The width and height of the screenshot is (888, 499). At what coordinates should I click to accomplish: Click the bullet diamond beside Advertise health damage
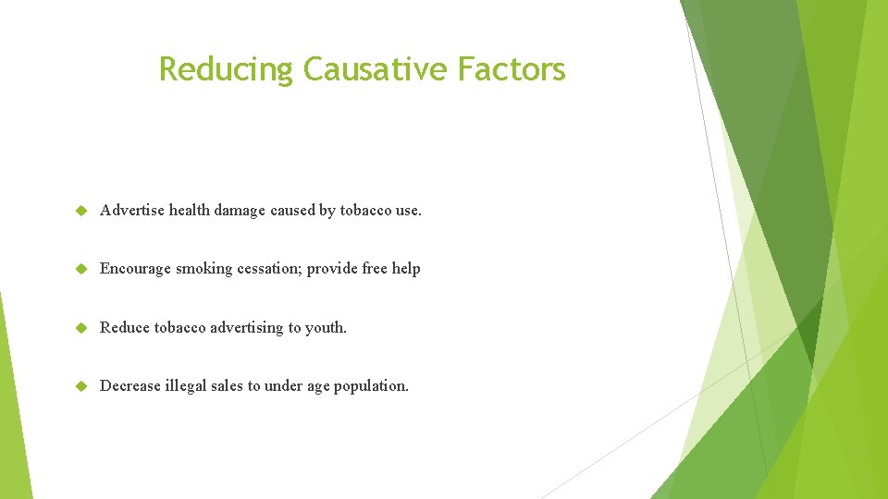pos(80,211)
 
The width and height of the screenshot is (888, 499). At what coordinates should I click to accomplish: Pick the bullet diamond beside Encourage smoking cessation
pos(80,269)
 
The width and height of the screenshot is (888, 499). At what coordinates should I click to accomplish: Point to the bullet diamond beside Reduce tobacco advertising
pos(80,327)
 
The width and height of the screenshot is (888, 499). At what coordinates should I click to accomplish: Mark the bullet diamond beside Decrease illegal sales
pos(80,385)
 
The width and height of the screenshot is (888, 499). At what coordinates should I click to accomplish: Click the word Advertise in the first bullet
pos(131,211)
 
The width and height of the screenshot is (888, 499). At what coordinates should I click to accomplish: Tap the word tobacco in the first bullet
pos(365,211)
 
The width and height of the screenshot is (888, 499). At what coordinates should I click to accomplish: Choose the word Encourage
pos(135,269)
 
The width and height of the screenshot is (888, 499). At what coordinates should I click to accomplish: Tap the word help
pos(406,269)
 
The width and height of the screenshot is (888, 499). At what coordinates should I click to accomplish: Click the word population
pos(374,385)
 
